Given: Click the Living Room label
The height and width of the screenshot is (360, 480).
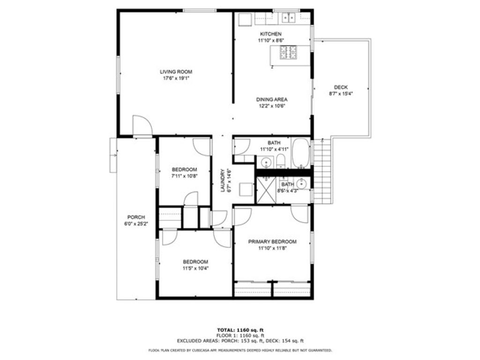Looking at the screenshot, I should (x=176, y=72).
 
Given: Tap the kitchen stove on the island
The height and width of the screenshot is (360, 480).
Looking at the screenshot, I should (x=289, y=52).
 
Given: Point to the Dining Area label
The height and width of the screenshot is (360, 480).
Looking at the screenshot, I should (x=271, y=99).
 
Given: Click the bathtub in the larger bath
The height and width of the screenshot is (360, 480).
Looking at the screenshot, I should (x=300, y=153).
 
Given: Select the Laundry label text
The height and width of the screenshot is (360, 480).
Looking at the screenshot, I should (x=223, y=180).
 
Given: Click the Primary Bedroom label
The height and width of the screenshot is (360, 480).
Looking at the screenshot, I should (x=272, y=242).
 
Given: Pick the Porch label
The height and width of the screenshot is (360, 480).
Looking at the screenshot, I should (x=136, y=217).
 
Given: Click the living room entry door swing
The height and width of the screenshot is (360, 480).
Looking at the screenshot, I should (x=142, y=125).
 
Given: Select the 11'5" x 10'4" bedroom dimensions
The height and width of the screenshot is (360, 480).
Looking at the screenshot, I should (x=195, y=269).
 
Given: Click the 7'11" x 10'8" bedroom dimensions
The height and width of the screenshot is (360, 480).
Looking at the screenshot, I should (x=184, y=176).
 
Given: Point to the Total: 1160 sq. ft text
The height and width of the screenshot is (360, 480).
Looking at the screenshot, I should (x=240, y=330).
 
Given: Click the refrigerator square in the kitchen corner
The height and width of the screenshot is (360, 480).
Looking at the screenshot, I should (x=245, y=20).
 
